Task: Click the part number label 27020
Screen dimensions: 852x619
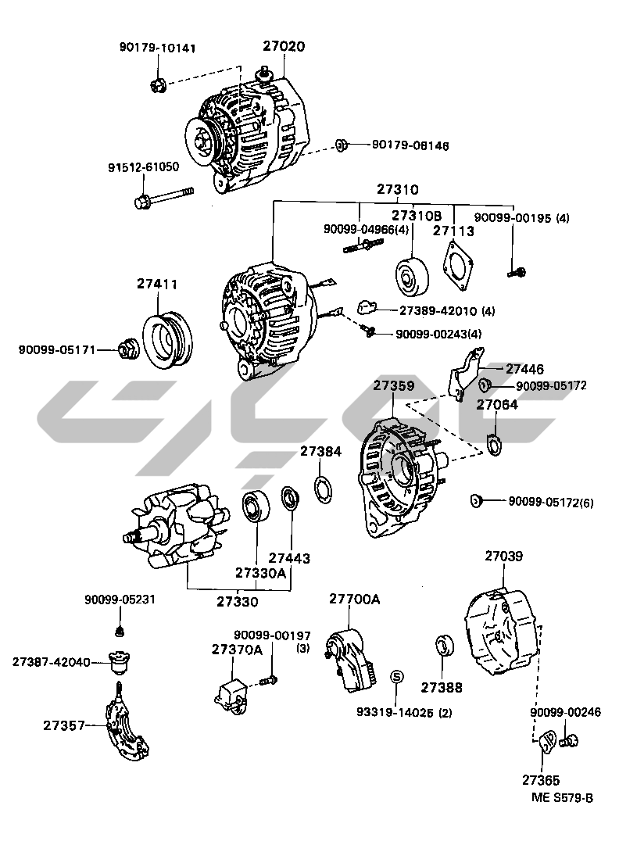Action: [x=284, y=47]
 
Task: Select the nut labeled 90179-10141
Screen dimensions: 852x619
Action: [x=156, y=83]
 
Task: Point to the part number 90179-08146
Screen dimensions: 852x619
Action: [x=410, y=145]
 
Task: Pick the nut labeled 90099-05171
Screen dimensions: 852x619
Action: [x=127, y=349]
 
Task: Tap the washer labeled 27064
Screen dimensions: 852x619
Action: [x=495, y=444]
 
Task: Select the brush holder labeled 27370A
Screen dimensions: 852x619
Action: [x=233, y=691]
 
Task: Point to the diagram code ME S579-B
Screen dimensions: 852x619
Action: [x=562, y=797]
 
